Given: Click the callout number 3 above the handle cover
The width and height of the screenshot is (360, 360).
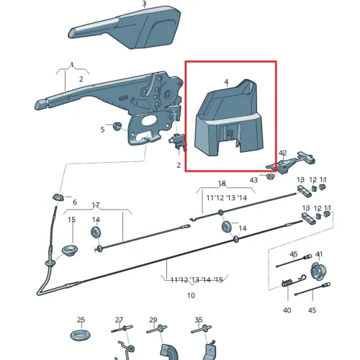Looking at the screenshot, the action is [x=144, y=4].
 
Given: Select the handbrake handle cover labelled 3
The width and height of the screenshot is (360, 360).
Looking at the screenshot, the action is [x=125, y=28].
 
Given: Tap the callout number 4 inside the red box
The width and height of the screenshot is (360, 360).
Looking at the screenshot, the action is [x=226, y=82].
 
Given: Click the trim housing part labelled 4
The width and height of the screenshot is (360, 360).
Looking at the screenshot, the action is [x=229, y=118].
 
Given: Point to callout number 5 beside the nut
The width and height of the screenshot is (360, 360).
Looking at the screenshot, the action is [x=102, y=130].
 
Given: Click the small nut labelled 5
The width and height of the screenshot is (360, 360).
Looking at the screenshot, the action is [x=117, y=126].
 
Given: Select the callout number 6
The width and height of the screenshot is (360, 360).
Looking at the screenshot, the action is [x=75, y=202].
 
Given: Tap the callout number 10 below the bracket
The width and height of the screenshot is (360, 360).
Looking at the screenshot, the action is [x=191, y=295].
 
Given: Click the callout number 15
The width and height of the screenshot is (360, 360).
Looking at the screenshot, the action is [x=71, y=220].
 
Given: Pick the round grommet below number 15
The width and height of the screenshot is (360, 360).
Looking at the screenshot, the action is [x=71, y=251].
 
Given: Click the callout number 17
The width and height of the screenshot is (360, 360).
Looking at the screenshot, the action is [x=96, y=205].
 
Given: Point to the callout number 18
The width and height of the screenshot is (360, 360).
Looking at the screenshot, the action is [x=222, y=184].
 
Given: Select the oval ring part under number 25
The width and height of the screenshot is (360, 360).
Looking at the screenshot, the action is [x=81, y=335].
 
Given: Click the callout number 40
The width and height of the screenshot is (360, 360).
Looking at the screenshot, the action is [x=287, y=310].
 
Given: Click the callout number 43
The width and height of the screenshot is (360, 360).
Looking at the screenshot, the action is [x=253, y=180].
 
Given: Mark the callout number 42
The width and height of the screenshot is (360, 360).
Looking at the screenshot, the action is [x=283, y=153].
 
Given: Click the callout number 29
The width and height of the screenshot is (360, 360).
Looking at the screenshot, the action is [x=153, y=320].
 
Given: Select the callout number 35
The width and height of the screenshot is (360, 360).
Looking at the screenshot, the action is [x=199, y=320].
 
